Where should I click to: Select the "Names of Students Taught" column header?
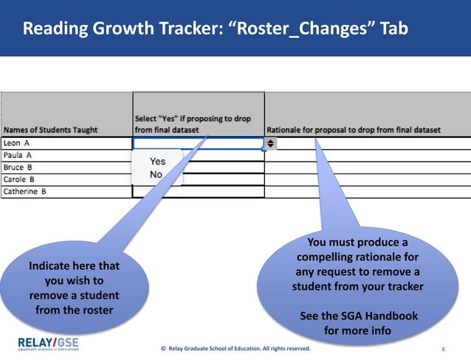click(50, 130)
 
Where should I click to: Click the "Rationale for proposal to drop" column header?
click(353, 130)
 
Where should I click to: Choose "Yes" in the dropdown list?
click(157, 161)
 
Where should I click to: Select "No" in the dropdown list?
click(156, 174)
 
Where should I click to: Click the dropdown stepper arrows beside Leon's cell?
click(271, 144)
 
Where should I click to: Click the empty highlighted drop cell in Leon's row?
click(197, 144)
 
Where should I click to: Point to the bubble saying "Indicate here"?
click(74, 288)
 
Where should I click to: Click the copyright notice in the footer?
click(236, 347)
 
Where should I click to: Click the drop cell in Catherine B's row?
click(197, 192)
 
